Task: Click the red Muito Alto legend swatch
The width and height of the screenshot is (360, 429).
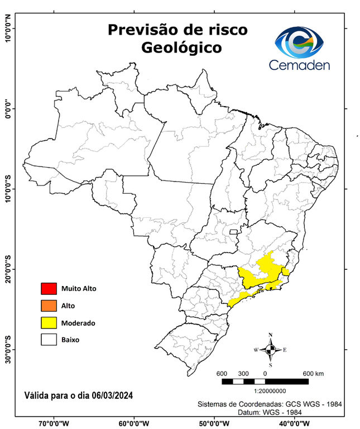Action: (49, 289)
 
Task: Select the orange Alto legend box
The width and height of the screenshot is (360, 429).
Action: (49, 306)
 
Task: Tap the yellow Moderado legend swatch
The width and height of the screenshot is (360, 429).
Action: (49, 322)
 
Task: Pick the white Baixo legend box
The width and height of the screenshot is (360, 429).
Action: (49, 339)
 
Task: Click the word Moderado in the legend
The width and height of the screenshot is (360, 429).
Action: (78, 323)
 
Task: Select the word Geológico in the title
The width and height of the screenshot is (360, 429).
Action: (181, 47)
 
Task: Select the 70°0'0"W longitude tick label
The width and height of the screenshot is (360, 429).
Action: (54, 423)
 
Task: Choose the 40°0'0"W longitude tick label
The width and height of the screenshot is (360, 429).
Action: (294, 423)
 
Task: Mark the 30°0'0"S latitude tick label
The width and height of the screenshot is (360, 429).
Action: (8, 350)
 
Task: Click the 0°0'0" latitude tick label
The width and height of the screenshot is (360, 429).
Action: (8, 108)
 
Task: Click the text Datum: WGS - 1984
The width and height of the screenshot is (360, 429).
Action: (267, 412)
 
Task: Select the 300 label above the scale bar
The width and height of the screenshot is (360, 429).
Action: (243, 373)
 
